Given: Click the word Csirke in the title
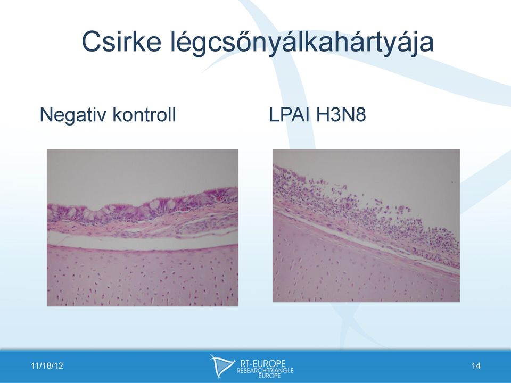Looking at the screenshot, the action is pyautogui.click(x=121, y=41).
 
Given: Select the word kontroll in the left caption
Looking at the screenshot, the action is pyautogui.click(x=144, y=114).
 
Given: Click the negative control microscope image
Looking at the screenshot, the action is pyautogui.click(x=143, y=228).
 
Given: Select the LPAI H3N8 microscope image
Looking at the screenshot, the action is pyautogui.click(x=366, y=226).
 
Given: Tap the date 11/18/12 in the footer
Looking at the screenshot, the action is pyautogui.click(x=47, y=366).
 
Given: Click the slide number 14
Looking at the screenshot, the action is pyautogui.click(x=476, y=366).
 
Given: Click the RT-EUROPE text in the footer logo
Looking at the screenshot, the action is pyautogui.click(x=262, y=363).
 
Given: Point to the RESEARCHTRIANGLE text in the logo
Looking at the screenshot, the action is pyautogui.click(x=265, y=371).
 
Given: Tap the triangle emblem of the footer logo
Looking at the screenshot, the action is pyautogui.click(x=221, y=365).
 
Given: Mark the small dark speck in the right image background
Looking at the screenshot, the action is pyautogui.click(x=452, y=182).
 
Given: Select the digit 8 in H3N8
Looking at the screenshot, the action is pyautogui.click(x=360, y=115).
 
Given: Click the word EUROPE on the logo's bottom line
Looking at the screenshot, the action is pyautogui.click(x=270, y=376).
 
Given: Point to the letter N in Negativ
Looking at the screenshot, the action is pyautogui.click(x=46, y=115).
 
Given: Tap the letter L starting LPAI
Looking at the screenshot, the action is pyautogui.click(x=274, y=115).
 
